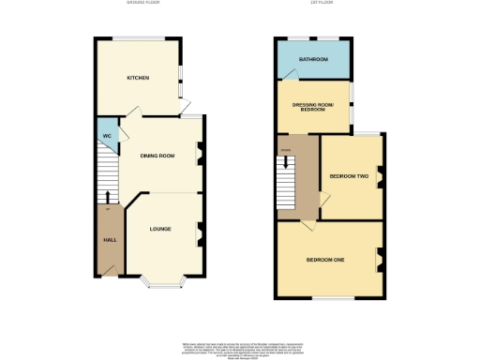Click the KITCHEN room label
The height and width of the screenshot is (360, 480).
pyautogui.click(x=139, y=78)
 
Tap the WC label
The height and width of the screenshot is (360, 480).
pyautogui.click(x=108, y=136)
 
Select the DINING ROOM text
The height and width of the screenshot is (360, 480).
pyautogui.click(x=157, y=156)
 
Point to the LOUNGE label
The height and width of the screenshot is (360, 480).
pyautogui.click(x=158, y=228)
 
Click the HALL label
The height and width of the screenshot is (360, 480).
pyautogui.click(x=109, y=239)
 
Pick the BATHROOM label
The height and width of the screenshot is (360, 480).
pyautogui.click(x=313, y=60)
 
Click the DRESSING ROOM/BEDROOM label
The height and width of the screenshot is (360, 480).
pyautogui.click(x=310, y=107)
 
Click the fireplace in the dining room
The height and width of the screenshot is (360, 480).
pyautogui.click(x=198, y=154)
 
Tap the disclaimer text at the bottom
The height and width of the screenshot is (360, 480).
pyautogui.click(x=240, y=348)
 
